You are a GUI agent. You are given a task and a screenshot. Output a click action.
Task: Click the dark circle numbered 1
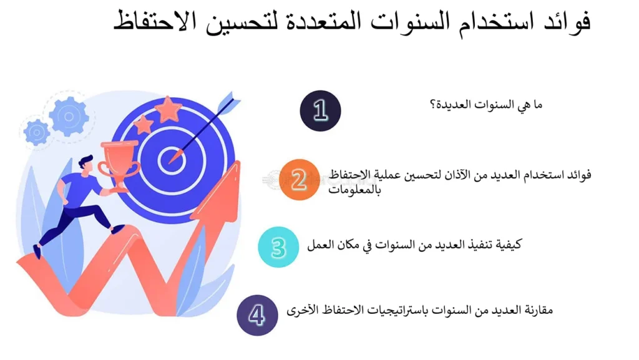320,111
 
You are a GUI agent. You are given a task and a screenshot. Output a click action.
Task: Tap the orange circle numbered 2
299,180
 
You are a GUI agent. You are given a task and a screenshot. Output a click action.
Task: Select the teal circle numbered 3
278,247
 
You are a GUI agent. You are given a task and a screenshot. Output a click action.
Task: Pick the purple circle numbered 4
257,315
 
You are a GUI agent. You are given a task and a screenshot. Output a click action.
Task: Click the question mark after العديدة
433,105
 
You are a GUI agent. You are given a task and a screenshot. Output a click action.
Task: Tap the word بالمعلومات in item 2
354,190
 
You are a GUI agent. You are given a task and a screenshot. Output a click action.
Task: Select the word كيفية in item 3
508,245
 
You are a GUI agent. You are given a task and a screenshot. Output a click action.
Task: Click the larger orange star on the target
167,109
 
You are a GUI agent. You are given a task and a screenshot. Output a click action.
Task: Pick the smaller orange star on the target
143,124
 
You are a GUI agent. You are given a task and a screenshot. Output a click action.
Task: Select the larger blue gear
69,117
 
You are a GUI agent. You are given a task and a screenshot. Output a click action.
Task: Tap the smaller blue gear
37,132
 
